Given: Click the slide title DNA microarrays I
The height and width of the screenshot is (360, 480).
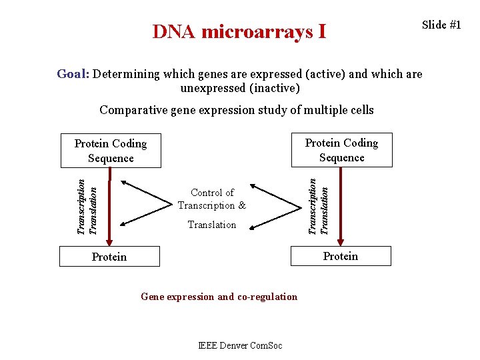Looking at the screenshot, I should (x=239, y=31).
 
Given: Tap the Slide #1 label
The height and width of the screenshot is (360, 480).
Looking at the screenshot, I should (x=441, y=25).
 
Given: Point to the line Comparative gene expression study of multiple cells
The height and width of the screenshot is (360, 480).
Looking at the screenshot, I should (x=237, y=110).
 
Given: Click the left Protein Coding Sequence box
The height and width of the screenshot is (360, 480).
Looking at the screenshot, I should (x=111, y=151).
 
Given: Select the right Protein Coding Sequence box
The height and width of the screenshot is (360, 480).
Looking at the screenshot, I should (x=341, y=150).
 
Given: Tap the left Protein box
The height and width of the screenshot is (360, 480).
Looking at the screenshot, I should (x=109, y=257).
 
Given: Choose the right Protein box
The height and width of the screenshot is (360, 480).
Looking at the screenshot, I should (x=341, y=256).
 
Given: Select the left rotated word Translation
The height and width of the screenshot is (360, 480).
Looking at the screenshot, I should (x=94, y=210).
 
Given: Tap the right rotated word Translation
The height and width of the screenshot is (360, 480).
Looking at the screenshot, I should (x=325, y=210).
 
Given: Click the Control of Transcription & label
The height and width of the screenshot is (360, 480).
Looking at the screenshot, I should (x=211, y=199).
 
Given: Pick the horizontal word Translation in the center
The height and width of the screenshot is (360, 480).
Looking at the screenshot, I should (x=212, y=225).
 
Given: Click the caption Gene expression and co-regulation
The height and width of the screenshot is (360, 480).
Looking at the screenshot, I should (x=219, y=297).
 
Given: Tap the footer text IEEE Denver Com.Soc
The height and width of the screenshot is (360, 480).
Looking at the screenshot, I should (x=240, y=345).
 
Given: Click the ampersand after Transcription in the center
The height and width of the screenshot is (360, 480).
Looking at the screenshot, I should (x=241, y=205).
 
